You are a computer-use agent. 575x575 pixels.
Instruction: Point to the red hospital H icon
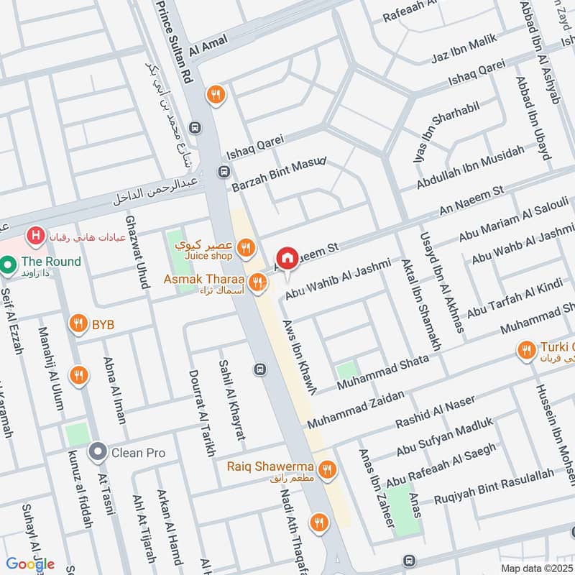click(x=33, y=234)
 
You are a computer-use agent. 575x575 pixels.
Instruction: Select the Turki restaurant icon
click(x=526, y=350)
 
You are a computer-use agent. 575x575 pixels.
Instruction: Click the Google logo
click(x=31, y=564)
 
